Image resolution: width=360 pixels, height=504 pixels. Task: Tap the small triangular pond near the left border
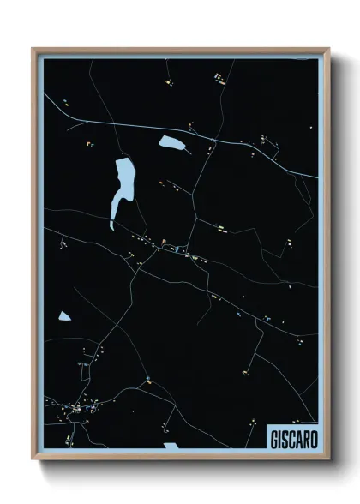(x=64, y=316)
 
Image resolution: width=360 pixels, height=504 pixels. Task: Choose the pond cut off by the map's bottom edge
(x=171, y=446)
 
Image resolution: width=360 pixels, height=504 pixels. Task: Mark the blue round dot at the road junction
(x=148, y=378)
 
